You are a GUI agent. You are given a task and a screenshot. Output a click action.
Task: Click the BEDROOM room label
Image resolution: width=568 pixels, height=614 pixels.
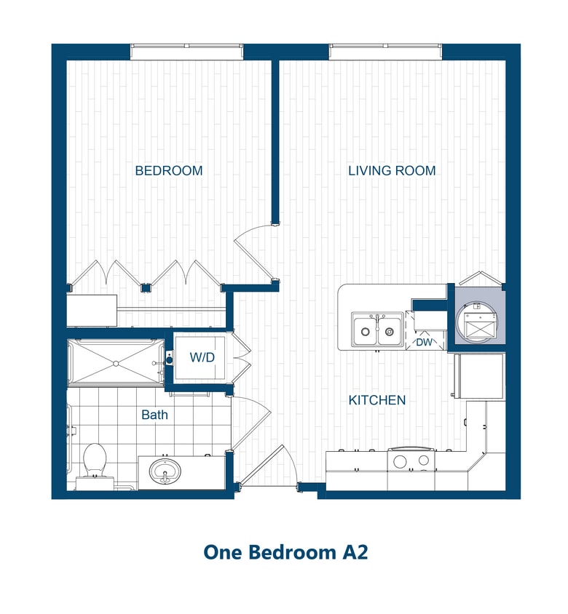(168, 171)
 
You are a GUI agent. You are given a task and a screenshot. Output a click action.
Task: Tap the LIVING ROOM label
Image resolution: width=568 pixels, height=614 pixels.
(392, 171)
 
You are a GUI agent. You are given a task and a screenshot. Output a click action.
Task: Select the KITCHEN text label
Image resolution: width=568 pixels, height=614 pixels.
(376, 400)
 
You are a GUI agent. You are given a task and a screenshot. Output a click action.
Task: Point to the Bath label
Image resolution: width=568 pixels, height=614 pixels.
(154, 415)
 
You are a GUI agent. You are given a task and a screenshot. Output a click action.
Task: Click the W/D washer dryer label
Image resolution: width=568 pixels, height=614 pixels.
(202, 358)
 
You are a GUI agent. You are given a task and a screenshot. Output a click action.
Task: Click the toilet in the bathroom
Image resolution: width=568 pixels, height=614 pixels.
(95, 463)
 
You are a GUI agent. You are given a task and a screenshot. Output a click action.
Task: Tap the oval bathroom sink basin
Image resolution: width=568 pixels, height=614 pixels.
(166, 471)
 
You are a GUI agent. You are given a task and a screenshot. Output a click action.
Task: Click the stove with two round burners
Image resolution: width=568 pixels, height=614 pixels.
(411, 461)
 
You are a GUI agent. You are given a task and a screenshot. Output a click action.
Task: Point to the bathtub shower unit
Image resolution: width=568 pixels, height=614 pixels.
(115, 362)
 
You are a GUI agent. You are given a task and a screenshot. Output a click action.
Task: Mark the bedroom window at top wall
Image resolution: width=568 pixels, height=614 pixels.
(186, 52)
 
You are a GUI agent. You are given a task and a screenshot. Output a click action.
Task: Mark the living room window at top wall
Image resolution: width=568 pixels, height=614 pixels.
(385, 52)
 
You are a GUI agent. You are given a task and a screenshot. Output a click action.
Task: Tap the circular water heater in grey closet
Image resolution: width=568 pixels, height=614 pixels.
(477, 323)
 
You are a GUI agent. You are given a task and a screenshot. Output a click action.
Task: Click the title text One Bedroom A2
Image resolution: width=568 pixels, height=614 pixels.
(285, 552)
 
